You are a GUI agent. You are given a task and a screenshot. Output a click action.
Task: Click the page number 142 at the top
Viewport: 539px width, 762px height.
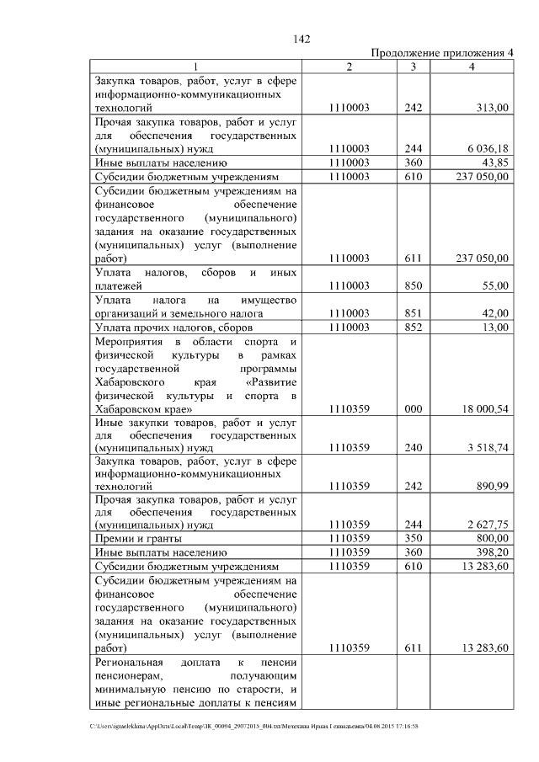pyautogui.click(x=302, y=39)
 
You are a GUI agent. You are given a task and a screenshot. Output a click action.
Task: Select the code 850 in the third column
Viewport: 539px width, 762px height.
pyautogui.click(x=414, y=286)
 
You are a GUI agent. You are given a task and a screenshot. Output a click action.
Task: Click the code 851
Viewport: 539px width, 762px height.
pyautogui.click(x=414, y=312)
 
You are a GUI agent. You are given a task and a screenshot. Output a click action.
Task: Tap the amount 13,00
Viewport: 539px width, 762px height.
pyautogui.click(x=494, y=326)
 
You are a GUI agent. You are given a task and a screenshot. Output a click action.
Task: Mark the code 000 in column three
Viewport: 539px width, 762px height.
pyautogui.click(x=414, y=408)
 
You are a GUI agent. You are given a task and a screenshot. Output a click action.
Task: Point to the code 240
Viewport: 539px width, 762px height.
pyautogui.click(x=414, y=448)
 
